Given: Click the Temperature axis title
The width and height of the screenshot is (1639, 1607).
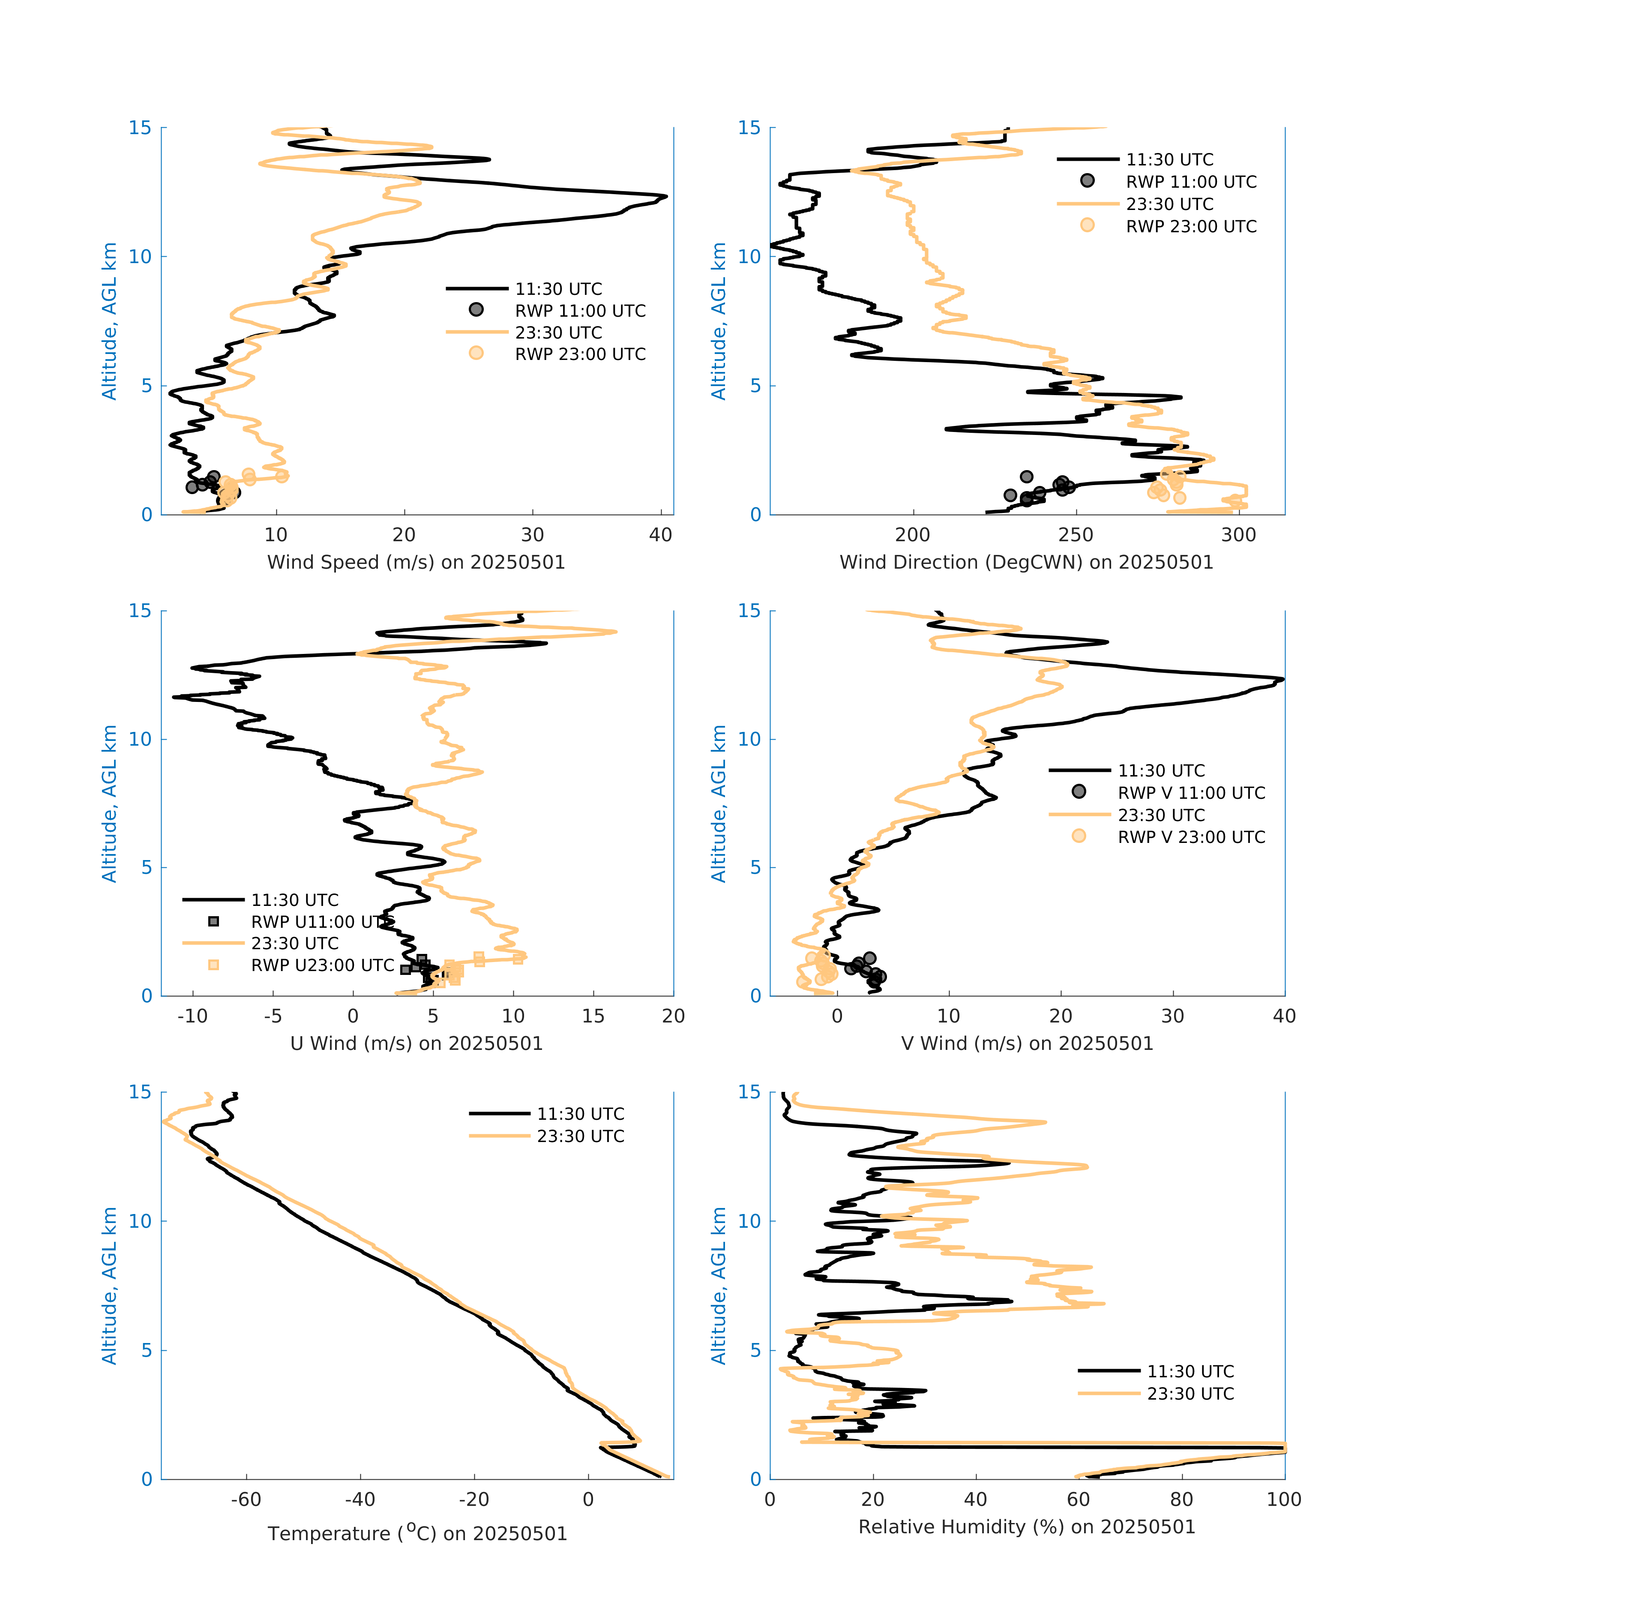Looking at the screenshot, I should coord(417,1534).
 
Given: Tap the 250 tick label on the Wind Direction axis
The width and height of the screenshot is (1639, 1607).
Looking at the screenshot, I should coord(1076,535).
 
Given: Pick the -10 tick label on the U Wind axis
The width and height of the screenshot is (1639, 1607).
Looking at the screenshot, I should coord(192,1016).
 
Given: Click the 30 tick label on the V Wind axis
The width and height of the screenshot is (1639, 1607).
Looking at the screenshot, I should coord(1172,1016).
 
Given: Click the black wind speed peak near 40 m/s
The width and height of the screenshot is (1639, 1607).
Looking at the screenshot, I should coord(665,197).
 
